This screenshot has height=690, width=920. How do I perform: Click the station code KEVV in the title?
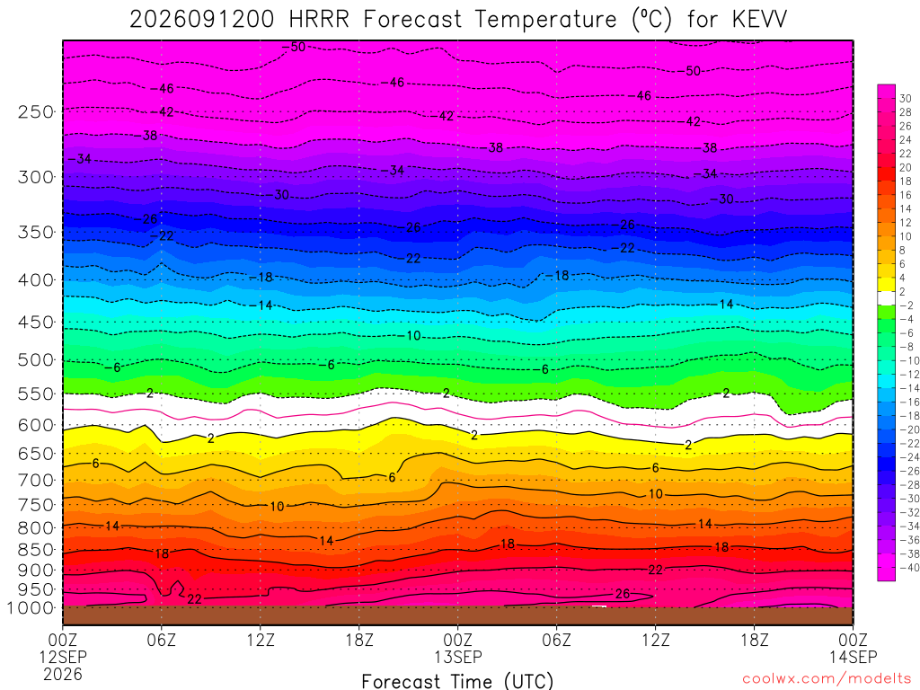[x=760, y=20]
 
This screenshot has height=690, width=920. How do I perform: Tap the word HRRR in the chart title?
[x=319, y=20]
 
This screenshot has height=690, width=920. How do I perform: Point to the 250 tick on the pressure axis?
[x=36, y=111]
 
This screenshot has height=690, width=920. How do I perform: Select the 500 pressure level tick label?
[x=36, y=359]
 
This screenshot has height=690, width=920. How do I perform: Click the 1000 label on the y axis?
[x=31, y=608]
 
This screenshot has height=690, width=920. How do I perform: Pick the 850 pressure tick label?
[x=36, y=550]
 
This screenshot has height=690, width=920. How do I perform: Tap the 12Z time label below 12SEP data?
[x=260, y=639]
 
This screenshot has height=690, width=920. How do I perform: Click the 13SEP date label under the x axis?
[x=457, y=657]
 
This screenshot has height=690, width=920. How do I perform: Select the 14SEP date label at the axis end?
[x=853, y=657]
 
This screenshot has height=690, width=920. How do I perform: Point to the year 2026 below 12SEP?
[x=63, y=674]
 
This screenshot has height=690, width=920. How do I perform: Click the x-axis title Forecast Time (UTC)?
[x=457, y=681]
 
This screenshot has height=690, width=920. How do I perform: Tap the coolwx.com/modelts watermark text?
[x=827, y=679]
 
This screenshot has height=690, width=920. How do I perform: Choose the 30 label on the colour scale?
[x=906, y=99]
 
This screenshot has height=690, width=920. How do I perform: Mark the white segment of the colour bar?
[x=886, y=298]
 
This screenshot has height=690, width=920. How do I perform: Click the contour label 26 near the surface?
[x=623, y=594]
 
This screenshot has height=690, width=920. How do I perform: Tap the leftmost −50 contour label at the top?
[x=294, y=47]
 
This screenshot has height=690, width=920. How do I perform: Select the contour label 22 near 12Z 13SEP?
[x=655, y=570]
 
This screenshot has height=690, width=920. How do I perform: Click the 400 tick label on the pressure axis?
[x=36, y=280]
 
